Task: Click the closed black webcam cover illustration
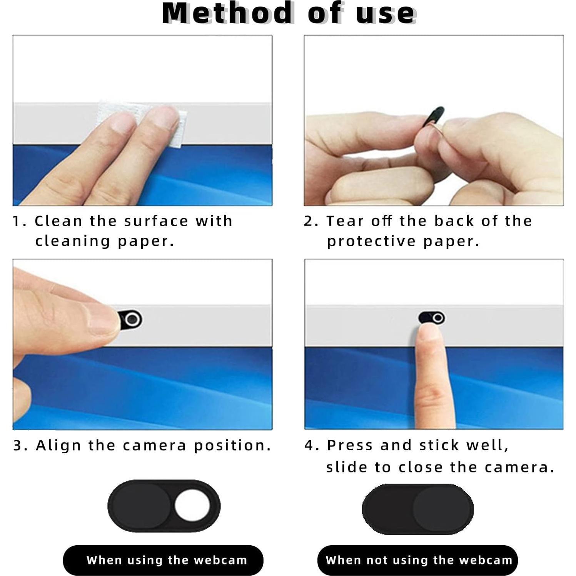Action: (417, 509)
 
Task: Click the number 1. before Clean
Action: (19, 221)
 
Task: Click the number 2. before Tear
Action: (311, 221)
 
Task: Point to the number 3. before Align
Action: (20, 446)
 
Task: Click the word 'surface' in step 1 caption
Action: (156, 221)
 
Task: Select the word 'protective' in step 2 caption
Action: (371, 241)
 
